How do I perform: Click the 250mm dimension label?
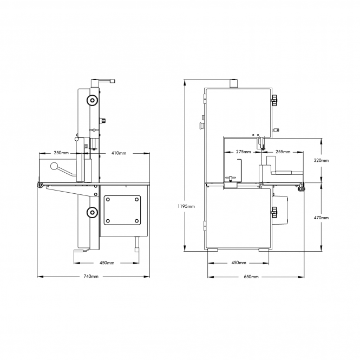click(x=61, y=153)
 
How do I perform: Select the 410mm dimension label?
click(x=119, y=153)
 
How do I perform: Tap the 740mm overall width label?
click(x=91, y=277)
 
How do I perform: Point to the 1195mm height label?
click(x=186, y=206)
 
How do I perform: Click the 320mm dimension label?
click(x=321, y=160)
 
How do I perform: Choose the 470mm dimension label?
click(x=321, y=218)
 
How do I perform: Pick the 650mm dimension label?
click(x=251, y=277)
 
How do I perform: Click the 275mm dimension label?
click(x=244, y=152)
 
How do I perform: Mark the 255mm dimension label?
click(x=283, y=152)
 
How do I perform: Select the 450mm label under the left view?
click(x=107, y=263)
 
